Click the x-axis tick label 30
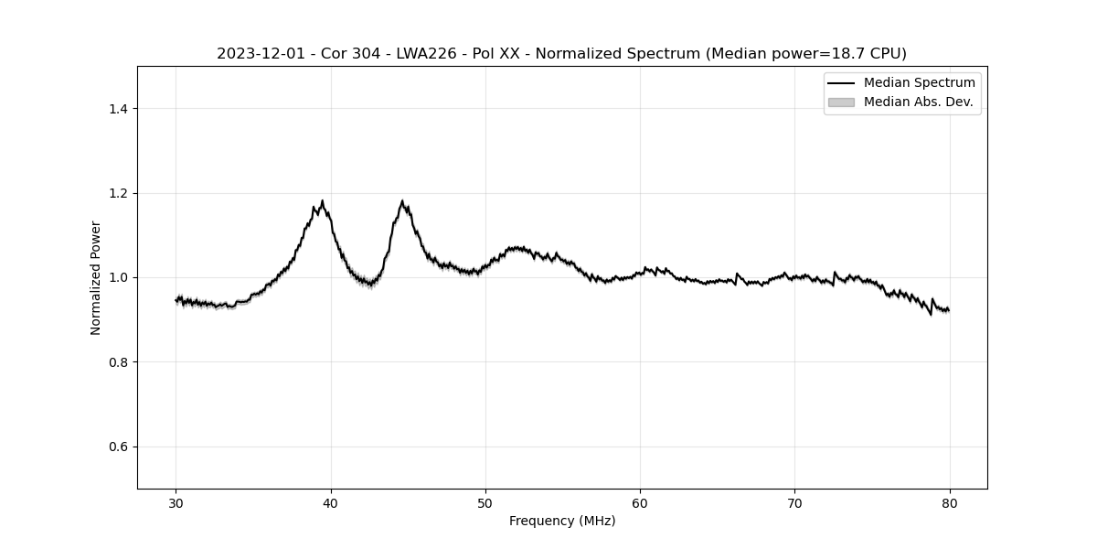(x=176, y=502)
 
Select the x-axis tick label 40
(x=331, y=502)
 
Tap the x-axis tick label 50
(x=485, y=502)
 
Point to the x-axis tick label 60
(x=640, y=502)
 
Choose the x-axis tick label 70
(x=794, y=502)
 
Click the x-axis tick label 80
(x=949, y=502)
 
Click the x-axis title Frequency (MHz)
(x=562, y=521)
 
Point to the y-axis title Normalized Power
(x=95, y=277)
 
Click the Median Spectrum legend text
(x=919, y=83)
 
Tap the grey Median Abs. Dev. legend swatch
(x=841, y=102)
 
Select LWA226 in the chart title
(x=431, y=54)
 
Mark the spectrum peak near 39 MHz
(x=322, y=201)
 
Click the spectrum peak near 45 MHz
(x=402, y=201)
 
